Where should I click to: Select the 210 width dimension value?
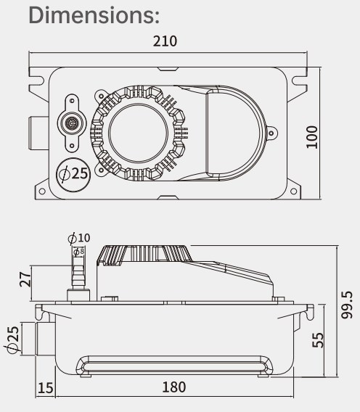tap(164, 41)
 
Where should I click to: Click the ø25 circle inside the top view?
tap(72, 174)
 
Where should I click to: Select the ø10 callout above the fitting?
tap(79, 238)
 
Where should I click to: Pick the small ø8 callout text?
tap(79, 251)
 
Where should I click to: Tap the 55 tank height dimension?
tap(318, 339)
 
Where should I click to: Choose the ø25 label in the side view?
tap(12, 339)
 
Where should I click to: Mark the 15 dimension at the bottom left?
tap(45, 388)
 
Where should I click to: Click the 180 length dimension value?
tap(173, 388)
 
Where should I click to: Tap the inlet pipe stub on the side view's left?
tap(31, 339)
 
